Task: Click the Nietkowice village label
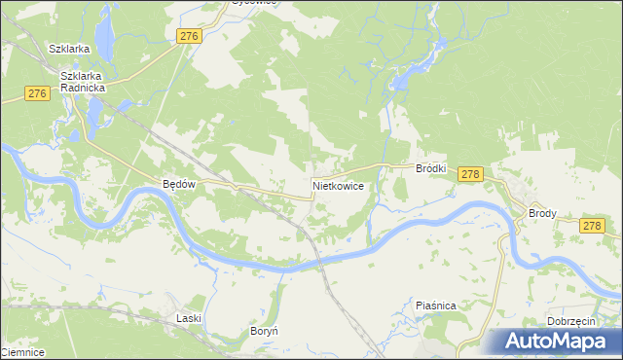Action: (x=339, y=184)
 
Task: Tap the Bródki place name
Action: (x=430, y=168)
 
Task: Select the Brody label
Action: (x=542, y=212)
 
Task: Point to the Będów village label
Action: (x=180, y=184)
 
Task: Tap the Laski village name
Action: (x=189, y=318)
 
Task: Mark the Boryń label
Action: (x=265, y=331)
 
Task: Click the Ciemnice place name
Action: (x=21, y=352)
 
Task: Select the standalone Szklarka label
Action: (x=70, y=48)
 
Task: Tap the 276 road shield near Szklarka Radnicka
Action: (x=38, y=93)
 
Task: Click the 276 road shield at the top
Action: (x=189, y=36)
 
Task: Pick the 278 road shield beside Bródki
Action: (x=469, y=174)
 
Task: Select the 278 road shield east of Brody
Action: (x=592, y=226)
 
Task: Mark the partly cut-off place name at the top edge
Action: (x=254, y=2)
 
